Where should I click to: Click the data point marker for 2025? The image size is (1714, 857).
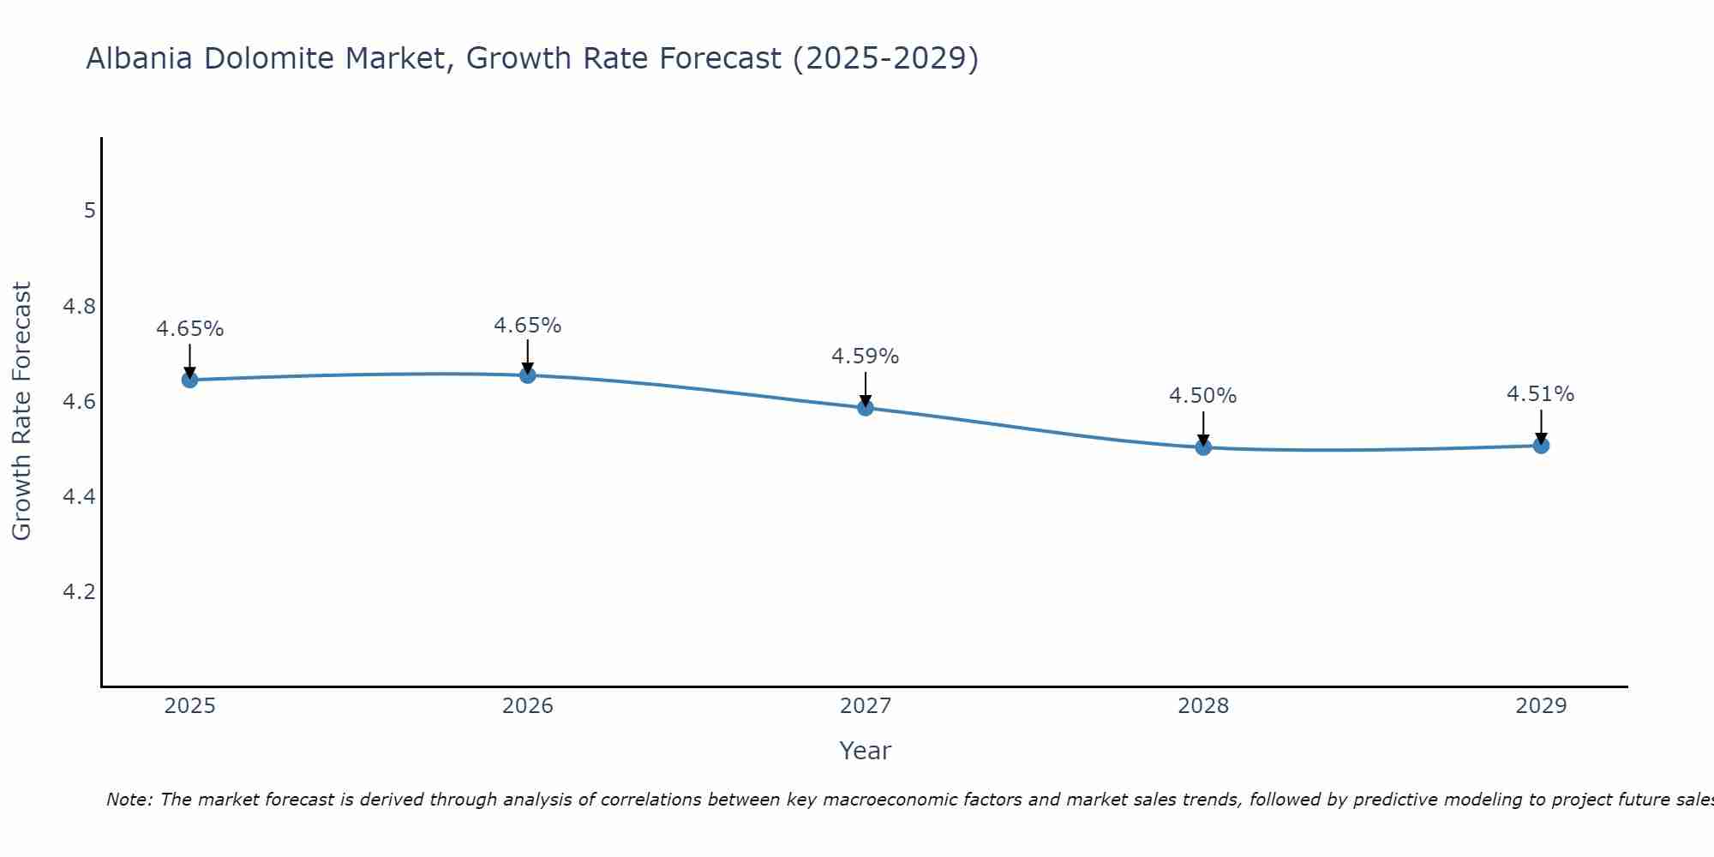(189, 380)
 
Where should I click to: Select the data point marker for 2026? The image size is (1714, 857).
(527, 375)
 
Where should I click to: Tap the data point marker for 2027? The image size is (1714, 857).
(865, 407)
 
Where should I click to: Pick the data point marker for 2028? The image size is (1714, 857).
(1202, 446)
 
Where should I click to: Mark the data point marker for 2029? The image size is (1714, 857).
(1540, 445)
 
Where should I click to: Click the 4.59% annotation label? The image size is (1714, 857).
(865, 357)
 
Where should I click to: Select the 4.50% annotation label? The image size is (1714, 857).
(1202, 396)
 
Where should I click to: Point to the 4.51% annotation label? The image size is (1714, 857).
(1540, 394)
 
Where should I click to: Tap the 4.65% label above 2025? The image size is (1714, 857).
(189, 329)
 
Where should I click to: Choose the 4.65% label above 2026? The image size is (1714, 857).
(527, 326)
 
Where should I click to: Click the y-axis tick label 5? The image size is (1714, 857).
(89, 211)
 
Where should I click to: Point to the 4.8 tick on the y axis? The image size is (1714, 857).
(80, 306)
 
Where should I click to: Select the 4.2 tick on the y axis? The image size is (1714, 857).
(80, 592)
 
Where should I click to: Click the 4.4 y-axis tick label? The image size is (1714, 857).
(80, 497)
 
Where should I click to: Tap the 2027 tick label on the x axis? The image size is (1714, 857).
(865, 706)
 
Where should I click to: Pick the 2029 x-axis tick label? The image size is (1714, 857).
(1540, 706)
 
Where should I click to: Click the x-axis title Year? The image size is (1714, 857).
(865, 751)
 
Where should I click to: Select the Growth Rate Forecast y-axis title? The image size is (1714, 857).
(21, 411)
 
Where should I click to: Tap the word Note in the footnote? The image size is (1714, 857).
(129, 800)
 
